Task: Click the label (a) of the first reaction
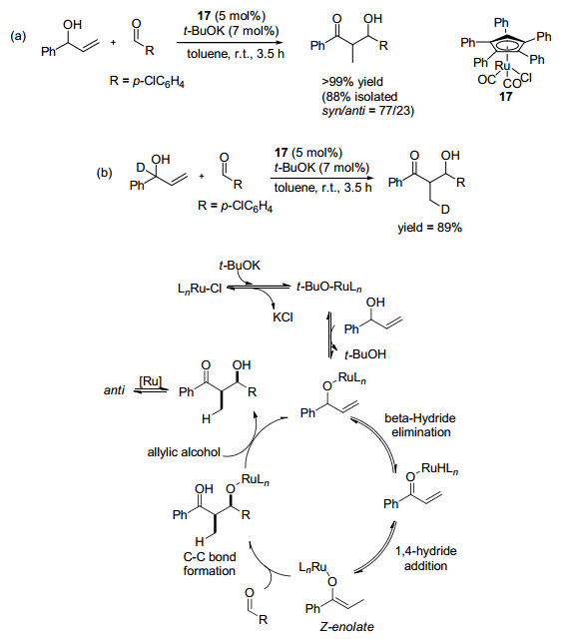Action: (x=18, y=36)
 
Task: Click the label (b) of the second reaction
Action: (x=104, y=173)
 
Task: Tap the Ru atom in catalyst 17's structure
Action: (x=502, y=66)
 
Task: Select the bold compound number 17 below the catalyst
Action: (x=505, y=96)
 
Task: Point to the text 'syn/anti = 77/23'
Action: (x=368, y=111)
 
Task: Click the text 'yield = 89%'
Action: (x=430, y=227)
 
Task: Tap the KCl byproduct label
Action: (x=283, y=318)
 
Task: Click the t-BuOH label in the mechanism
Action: (x=365, y=354)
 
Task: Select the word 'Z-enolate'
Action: (x=346, y=626)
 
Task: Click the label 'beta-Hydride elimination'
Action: (x=420, y=425)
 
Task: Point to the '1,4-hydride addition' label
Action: (x=426, y=558)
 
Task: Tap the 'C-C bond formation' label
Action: (x=210, y=563)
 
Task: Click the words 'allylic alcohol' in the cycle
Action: (x=184, y=452)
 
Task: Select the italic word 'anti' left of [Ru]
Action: (x=114, y=390)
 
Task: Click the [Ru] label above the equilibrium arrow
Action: (x=151, y=381)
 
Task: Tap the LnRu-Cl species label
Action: (x=200, y=289)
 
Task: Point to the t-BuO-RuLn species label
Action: (x=328, y=288)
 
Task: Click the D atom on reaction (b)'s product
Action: (x=444, y=210)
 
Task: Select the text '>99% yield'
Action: (x=352, y=82)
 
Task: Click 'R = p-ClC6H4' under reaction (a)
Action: (x=147, y=81)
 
